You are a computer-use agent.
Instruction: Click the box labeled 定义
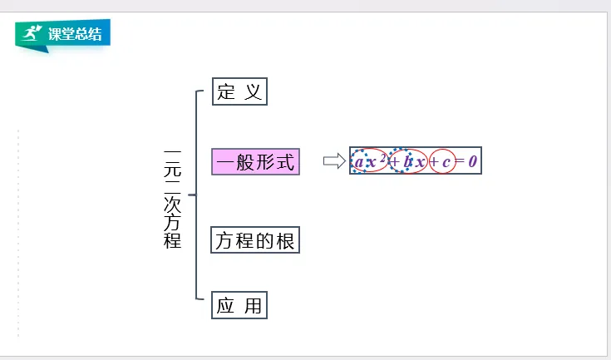pos(239,91)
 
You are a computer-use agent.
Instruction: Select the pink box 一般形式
pos(255,161)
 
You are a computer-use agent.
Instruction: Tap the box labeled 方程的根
pos(254,241)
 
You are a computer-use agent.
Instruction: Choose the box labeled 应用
pos(239,306)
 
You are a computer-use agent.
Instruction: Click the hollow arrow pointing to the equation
pos(333,161)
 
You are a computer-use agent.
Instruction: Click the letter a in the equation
pos(359,162)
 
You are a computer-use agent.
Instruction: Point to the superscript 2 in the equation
pos(382,157)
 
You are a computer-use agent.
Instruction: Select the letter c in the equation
pos(446,162)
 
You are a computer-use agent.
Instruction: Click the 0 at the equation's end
pos(472,161)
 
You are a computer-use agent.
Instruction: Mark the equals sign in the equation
pos(460,162)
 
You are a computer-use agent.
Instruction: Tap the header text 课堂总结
pos(76,35)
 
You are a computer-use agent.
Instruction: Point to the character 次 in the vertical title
pos(173,204)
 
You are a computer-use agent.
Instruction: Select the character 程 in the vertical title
pos(173,241)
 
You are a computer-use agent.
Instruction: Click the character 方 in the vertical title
pos(173,223)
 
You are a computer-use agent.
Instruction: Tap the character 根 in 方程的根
pos(285,241)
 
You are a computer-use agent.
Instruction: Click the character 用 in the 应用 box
pos(253,306)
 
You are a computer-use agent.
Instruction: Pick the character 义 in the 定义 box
pos(253,91)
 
